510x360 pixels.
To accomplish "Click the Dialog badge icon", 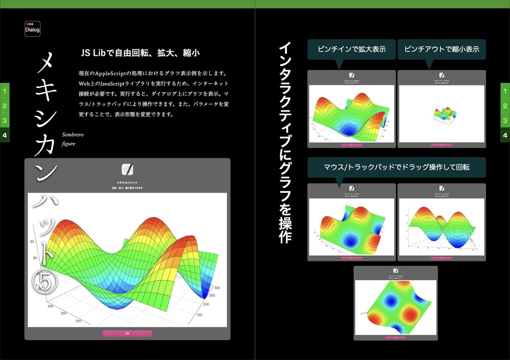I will (x=32, y=28).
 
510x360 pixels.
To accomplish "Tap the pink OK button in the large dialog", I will (x=127, y=333).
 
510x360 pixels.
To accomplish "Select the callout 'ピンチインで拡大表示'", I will (x=352, y=49).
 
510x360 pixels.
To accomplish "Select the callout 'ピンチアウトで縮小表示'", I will (x=441, y=49).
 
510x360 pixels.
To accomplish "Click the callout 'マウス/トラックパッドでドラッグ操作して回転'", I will (x=396, y=167).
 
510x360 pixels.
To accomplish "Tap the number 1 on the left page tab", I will (x=4, y=91).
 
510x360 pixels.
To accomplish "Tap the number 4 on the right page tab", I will (x=505, y=135).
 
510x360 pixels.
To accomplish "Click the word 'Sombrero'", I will (x=73, y=135).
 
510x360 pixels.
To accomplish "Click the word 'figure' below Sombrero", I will (x=68, y=144).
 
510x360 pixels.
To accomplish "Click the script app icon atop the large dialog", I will (x=127, y=169).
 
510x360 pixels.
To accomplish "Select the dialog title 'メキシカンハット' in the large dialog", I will (x=127, y=183).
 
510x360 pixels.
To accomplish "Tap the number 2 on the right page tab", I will (x=505, y=106).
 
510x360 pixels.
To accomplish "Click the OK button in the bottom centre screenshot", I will (x=395, y=337).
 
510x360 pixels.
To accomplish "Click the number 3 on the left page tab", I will (x=4, y=120).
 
